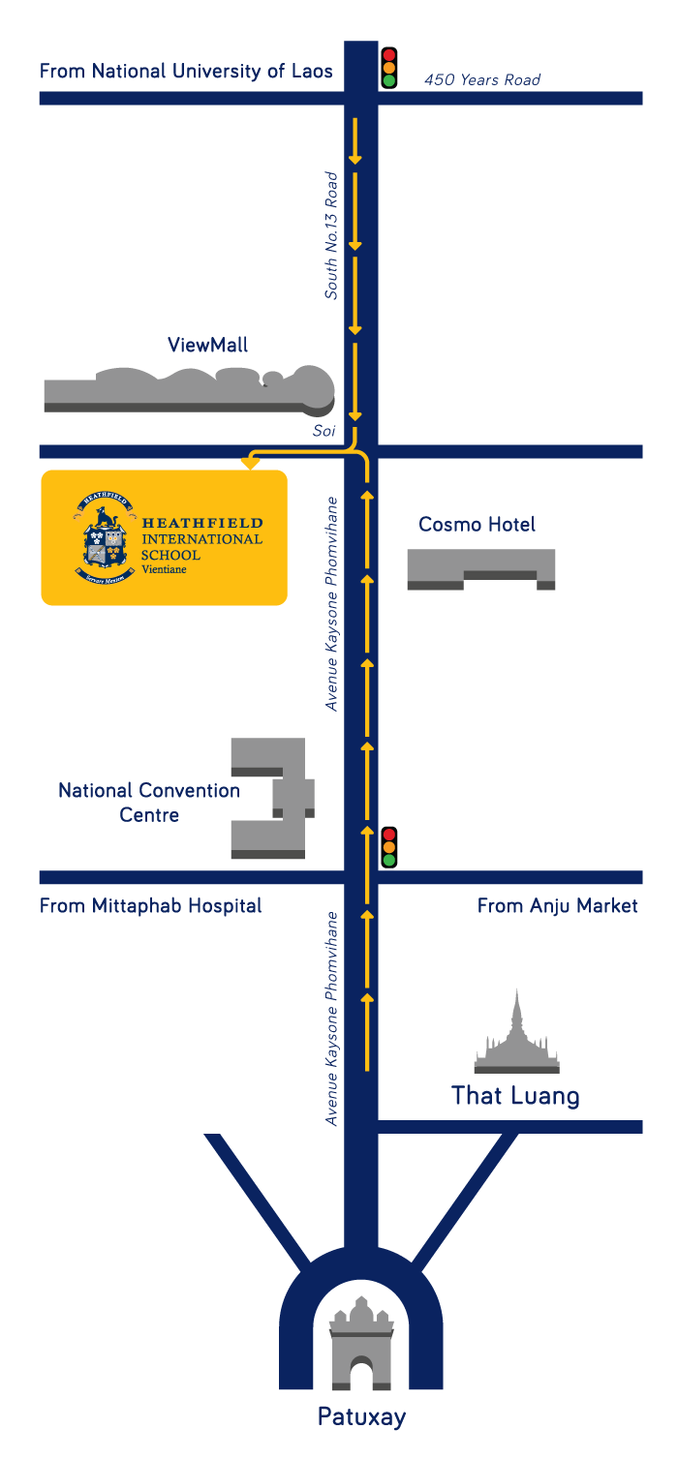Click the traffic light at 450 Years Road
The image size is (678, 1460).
[389, 68]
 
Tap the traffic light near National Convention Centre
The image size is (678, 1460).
[389, 847]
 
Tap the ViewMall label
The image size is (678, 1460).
[207, 345]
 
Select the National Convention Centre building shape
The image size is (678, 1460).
[271, 799]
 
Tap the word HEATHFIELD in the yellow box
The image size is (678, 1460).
[201, 524]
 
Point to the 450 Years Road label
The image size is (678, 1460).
[481, 79]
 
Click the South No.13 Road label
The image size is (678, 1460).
[331, 235]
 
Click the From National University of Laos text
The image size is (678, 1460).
[186, 71]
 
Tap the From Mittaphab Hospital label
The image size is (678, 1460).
[150, 906]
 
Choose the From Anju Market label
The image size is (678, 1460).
[557, 906]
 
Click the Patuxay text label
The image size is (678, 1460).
[361, 1417]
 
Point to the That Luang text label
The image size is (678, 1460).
[515, 1096]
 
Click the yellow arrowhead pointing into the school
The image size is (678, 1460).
[250, 464]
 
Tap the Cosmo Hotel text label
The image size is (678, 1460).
[477, 524]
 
